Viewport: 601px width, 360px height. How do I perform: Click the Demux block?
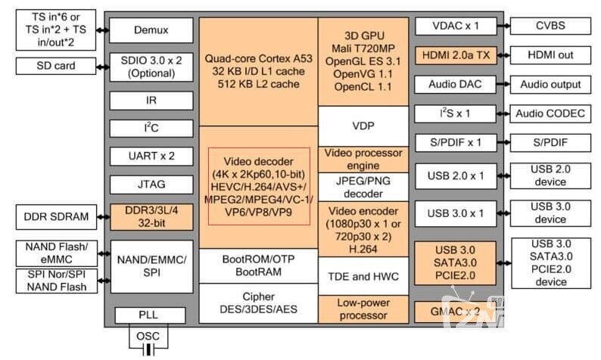[x=151, y=30]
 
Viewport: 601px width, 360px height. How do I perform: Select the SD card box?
[x=56, y=66]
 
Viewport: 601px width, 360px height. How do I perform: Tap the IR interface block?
[x=151, y=100]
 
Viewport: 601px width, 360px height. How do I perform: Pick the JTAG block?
[x=151, y=184]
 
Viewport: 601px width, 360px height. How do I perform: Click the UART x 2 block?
[x=151, y=156]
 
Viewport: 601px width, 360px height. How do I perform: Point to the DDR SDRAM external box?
[x=56, y=218]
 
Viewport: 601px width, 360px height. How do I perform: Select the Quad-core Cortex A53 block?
[x=257, y=70]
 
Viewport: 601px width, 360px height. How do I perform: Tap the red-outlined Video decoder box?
[x=259, y=186]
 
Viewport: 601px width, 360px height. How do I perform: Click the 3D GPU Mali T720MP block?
[x=364, y=61]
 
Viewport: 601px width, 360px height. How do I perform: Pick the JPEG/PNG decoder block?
[x=364, y=186]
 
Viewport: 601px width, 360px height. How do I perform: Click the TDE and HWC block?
[x=364, y=276]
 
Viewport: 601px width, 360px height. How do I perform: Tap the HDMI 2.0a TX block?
[x=455, y=55]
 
